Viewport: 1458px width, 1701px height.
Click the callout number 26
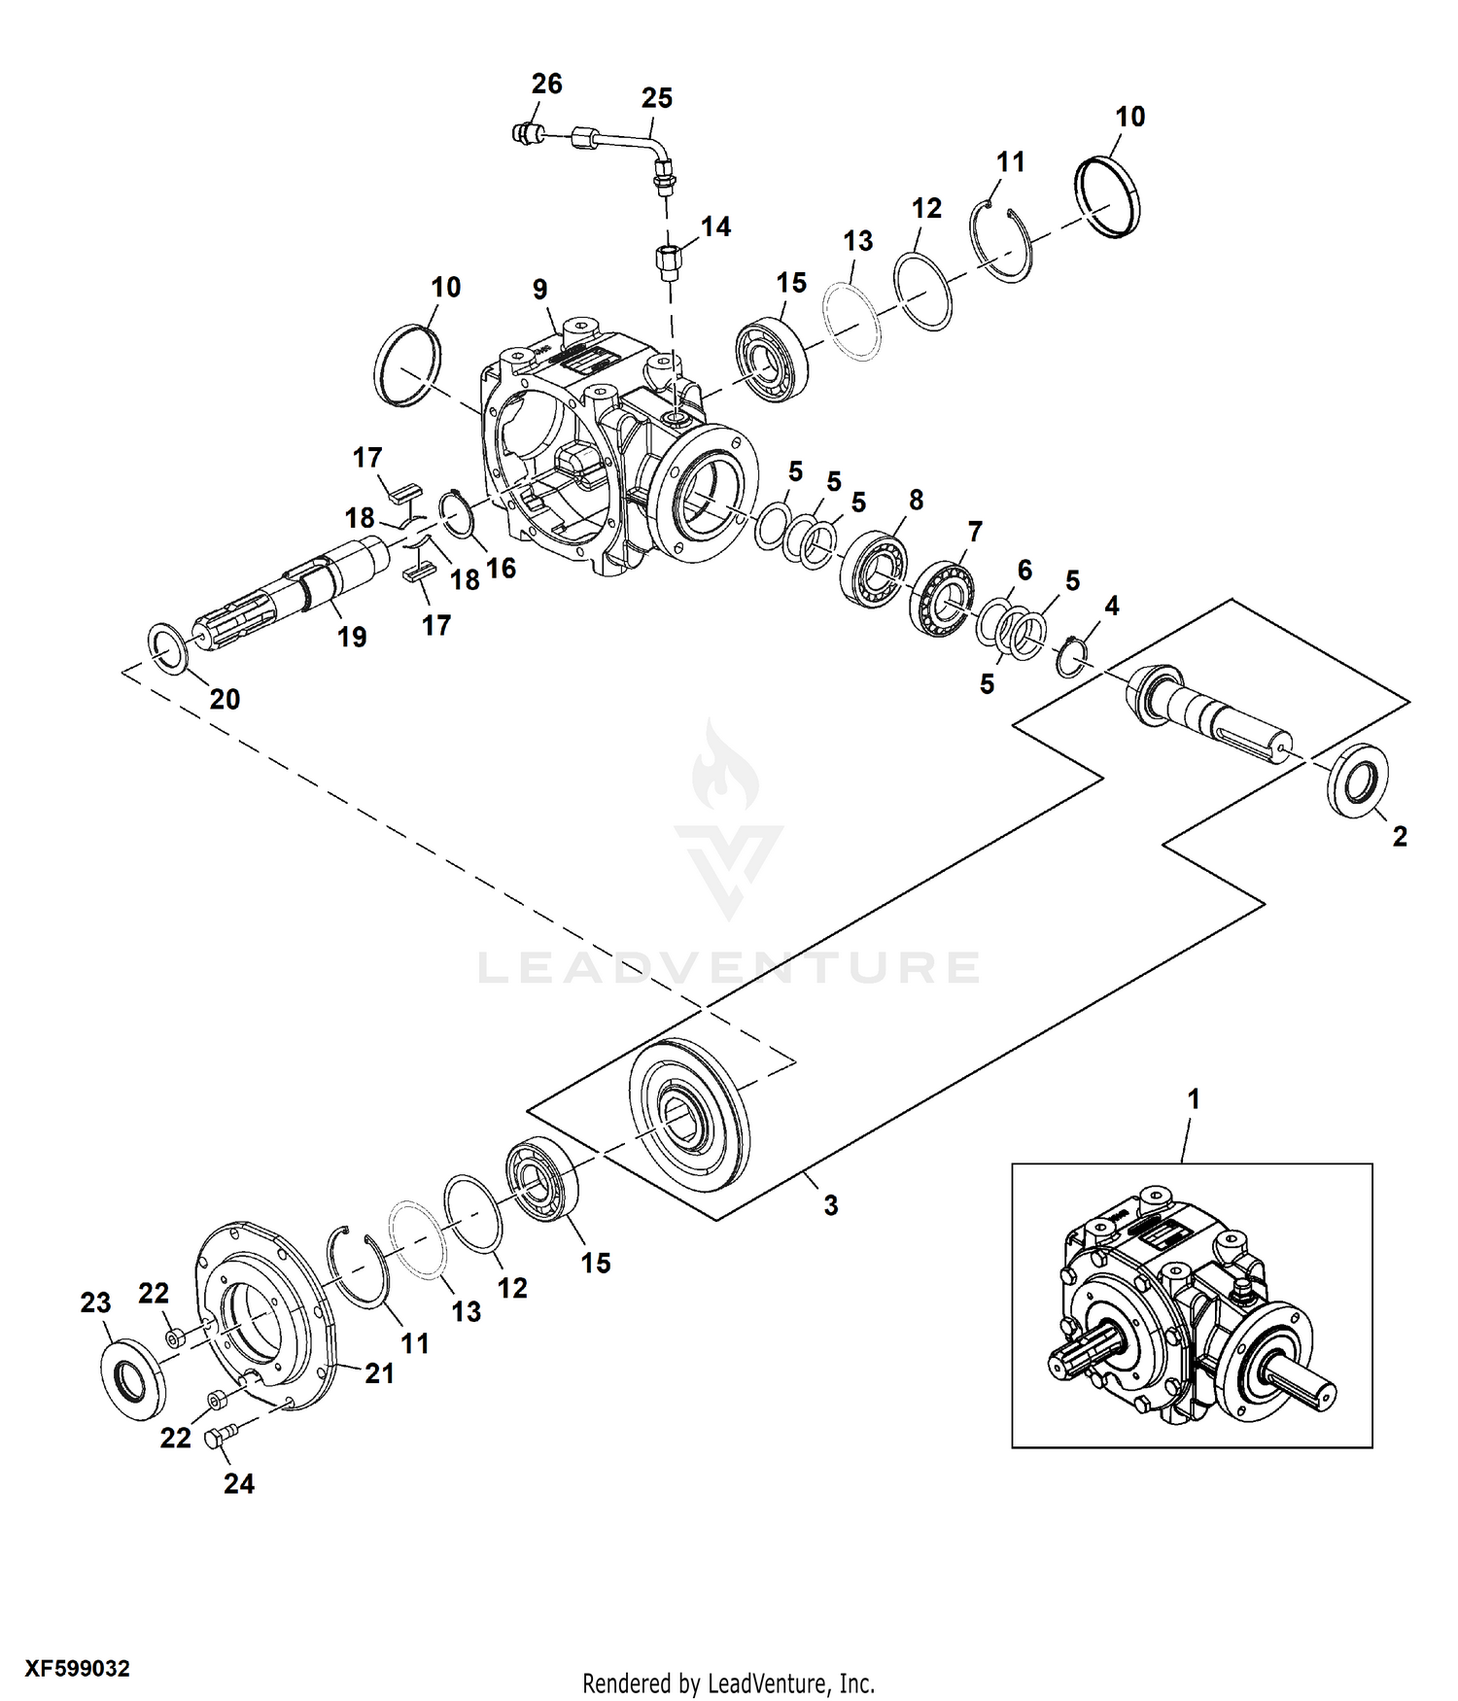(x=546, y=85)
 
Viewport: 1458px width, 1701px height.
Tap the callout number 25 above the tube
(x=656, y=98)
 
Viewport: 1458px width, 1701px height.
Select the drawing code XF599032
(x=78, y=1669)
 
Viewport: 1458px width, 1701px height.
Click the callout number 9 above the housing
(x=540, y=289)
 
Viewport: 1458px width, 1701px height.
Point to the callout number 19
(x=352, y=637)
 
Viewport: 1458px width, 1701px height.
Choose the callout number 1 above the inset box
(x=1194, y=1099)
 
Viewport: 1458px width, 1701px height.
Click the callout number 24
(x=239, y=1483)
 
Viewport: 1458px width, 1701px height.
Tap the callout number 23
(x=95, y=1302)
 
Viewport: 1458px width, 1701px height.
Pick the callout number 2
(x=1400, y=836)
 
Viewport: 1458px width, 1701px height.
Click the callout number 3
(x=830, y=1205)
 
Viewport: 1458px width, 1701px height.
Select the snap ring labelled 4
(x=1071, y=656)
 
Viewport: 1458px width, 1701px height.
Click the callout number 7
(x=975, y=532)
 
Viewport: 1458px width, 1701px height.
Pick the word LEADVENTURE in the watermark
(x=729, y=968)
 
